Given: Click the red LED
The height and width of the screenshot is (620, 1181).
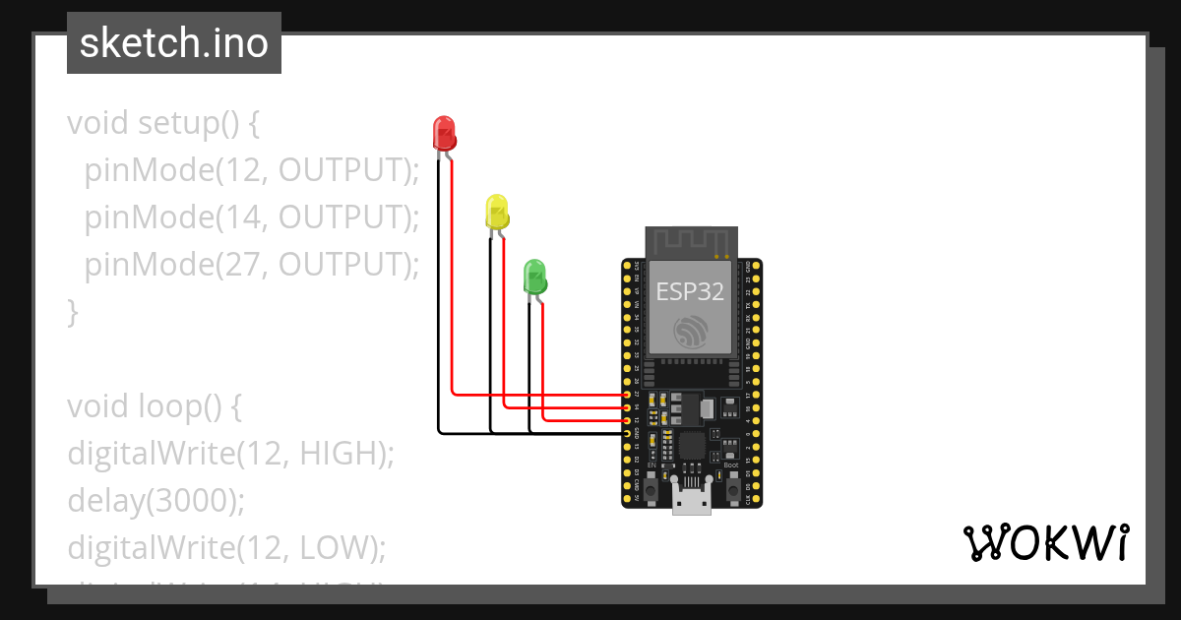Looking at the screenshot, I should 444,132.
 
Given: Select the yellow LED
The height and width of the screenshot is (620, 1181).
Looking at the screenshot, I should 497,212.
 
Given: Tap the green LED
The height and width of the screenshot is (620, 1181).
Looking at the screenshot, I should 534,276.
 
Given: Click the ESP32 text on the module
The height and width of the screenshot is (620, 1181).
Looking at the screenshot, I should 690,291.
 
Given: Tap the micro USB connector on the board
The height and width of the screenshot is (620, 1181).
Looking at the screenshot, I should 691,500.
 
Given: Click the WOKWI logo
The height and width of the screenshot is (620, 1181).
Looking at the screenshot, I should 1045,543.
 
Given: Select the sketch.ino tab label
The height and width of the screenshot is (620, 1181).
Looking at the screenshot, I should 174,43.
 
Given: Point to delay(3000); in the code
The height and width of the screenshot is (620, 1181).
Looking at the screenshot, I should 155,500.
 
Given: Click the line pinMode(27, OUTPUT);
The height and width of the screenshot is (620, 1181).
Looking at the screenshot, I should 251,265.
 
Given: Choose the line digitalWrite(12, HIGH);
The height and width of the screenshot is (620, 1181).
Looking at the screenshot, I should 230,453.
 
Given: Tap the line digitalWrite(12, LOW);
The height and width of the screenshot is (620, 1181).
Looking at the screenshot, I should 226,547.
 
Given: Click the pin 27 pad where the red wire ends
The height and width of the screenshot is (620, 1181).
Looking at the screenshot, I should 627,395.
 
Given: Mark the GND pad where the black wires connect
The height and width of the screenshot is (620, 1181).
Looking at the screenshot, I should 627,433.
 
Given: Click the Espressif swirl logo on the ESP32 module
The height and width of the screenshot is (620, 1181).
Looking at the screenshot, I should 691,333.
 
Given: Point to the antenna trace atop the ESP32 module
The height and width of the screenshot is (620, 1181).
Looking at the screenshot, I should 690,239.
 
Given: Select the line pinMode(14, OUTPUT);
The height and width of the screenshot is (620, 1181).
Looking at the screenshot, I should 251,217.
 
